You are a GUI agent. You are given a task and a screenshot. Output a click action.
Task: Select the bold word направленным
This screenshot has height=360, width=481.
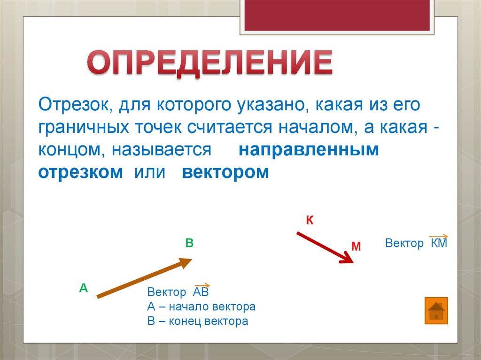pyautogui.click(x=309, y=150)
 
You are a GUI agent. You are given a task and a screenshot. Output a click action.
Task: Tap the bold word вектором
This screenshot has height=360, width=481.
pyautogui.click(x=225, y=172)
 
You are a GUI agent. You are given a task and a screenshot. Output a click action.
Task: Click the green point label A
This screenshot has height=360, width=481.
pyautogui.click(x=84, y=288)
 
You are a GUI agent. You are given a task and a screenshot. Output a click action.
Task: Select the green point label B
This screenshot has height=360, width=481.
pyautogui.click(x=189, y=243)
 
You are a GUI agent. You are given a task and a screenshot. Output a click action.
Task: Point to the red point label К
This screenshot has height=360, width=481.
pyautogui.click(x=310, y=220)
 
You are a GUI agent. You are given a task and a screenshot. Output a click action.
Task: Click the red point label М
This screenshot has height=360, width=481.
pyautogui.click(x=356, y=246)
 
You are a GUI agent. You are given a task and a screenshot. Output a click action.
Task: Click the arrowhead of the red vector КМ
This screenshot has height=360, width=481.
pyautogui.click(x=348, y=258)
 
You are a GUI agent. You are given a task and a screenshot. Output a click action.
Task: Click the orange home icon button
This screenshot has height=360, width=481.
pyautogui.click(x=436, y=311)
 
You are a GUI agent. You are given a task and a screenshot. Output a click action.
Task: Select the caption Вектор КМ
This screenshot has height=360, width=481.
pyautogui.click(x=416, y=243)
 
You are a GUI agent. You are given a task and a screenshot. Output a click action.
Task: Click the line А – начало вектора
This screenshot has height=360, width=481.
pyautogui.click(x=201, y=307)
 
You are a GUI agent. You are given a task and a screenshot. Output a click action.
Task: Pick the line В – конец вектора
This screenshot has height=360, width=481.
pyautogui.click(x=197, y=322)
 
